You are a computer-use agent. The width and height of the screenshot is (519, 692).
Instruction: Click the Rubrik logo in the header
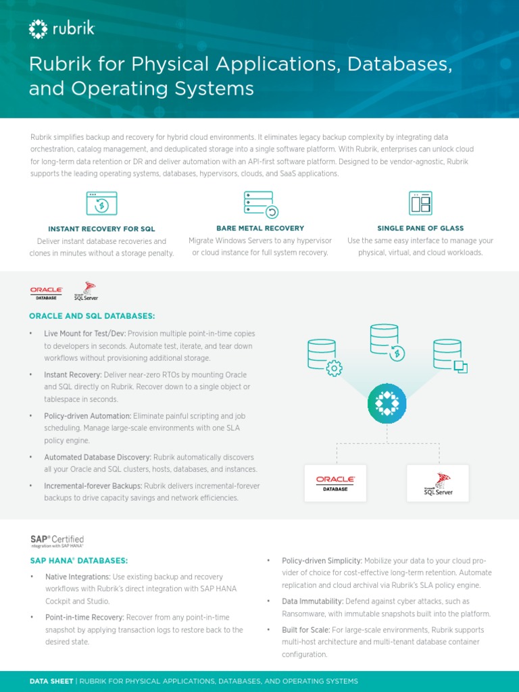[61, 28]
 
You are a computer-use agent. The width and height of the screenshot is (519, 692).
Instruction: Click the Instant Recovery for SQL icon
[101, 203]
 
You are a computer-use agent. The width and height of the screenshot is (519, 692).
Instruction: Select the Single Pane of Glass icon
[420, 203]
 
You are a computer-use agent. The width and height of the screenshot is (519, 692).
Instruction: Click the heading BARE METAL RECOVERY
[260, 228]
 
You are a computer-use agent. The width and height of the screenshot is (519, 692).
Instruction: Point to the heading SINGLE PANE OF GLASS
[420, 228]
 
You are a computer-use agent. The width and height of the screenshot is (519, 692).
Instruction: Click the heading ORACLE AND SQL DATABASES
[92, 316]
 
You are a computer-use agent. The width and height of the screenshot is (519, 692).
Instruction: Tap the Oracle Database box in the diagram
[335, 483]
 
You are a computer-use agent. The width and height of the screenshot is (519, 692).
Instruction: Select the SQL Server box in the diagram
[437, 483]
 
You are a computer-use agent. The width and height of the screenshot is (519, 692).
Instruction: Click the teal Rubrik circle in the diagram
[387, 403]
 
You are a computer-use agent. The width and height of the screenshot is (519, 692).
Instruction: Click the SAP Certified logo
[57, 541]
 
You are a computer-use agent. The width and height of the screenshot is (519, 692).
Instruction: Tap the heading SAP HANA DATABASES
[78, 560]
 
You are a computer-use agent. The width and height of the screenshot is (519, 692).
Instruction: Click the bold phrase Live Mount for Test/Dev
[85, 333]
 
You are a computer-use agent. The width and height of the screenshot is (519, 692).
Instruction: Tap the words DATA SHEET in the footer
[51, 681]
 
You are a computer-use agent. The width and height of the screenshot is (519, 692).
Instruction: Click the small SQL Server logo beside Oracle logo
[86, 291]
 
